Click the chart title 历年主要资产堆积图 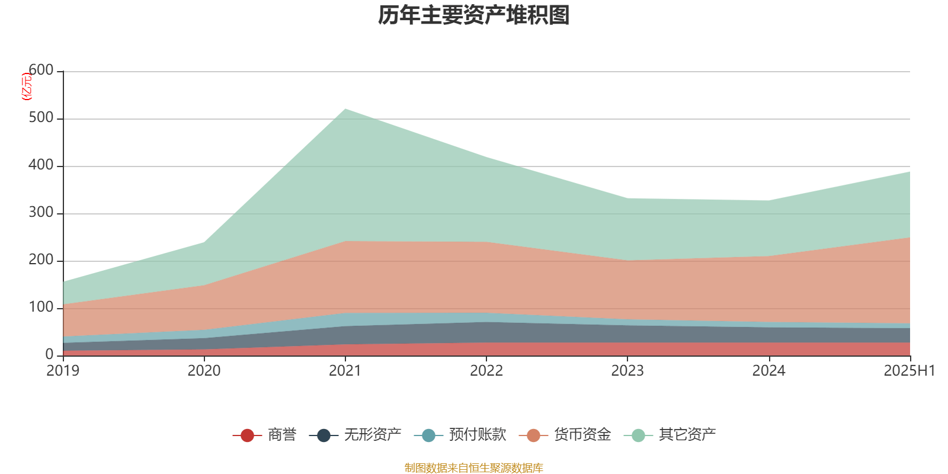pyautogui.click(x=474, y=15)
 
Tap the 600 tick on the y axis pyautogui.click(x=41, y=71)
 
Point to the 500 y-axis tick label pyautogui.click(x=41, y=118)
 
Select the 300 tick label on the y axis pyautogui.click(x=41, y=213)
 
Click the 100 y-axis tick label pyautogui.click(x=41, y=308)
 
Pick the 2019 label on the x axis pyautogui.click(x=63, y=371)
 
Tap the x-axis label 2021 pyautogui.click(x=345, y=371)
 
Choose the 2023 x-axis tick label pyautogui.click(x=627, y=371)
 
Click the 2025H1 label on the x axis pyautogui.click(x=908, y=371)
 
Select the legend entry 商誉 pyautogui.click(x=281, y=435)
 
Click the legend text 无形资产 pyautogui.click(x=373, y=435)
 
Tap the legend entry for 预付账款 pyautogui.click(x=478, y=435)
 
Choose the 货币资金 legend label pyautogui.click(x=582, y=435)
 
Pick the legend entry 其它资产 pyautogui.click(x=687, y=435)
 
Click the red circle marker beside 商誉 pyautogui.click(x=247, y=435)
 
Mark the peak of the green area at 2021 pyautogui.click(x=345, y=109)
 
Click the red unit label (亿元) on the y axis pyautogui.click(x=27, y=87)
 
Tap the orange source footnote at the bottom pyautogui.click(x=474, y=468)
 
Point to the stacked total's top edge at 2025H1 pyautogui.click(x=909, y=172)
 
